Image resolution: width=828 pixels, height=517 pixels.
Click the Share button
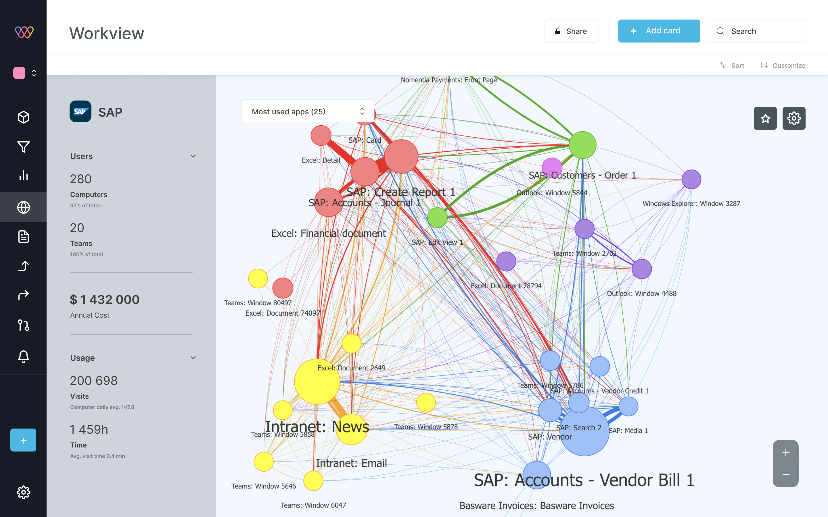click(x=571, y=31)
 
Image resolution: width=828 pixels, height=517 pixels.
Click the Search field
click(x=756, y=31)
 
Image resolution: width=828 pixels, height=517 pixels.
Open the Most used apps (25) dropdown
click(x=308, y=111)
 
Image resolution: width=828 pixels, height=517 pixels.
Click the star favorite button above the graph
click(x=765, y=118)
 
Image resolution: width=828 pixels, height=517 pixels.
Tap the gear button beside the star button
click(x=794, y=118)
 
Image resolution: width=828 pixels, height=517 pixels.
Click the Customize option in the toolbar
click(x=783, y=65)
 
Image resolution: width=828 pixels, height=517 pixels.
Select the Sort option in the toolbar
click(x=732, y=65)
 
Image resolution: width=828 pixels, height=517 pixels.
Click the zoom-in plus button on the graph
click(x=785, y=453)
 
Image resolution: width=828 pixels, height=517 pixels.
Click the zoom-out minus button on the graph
click(x=785, y=474)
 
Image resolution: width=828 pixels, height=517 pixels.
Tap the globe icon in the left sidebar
click(x=23, y=207)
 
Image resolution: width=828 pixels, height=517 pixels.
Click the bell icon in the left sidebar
click(x=23, y=356)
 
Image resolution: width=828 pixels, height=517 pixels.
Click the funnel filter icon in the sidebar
click(x=23, y=147)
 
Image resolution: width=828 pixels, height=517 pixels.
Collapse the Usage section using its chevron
click(x=193, y=358)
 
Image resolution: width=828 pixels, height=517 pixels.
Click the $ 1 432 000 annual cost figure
click(x=105, y=300)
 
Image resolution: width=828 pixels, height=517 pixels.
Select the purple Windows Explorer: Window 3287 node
click(x=691, y=180)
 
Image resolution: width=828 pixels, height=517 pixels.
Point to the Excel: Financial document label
click(x=328, y=234)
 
